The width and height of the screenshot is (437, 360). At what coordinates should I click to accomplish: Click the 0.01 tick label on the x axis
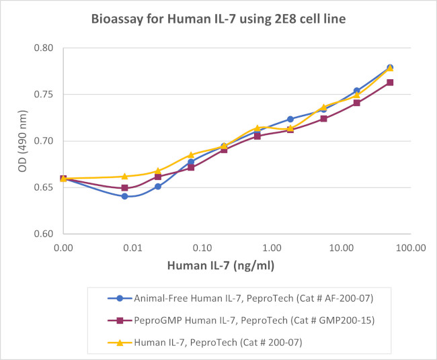tap(132, 248)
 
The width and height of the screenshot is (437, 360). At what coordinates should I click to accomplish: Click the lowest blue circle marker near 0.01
tap(125, 196)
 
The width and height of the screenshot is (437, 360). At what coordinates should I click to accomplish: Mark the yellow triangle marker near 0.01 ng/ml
tap(125, 176)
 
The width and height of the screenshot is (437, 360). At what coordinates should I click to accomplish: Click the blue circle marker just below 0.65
tap(158, 186)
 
